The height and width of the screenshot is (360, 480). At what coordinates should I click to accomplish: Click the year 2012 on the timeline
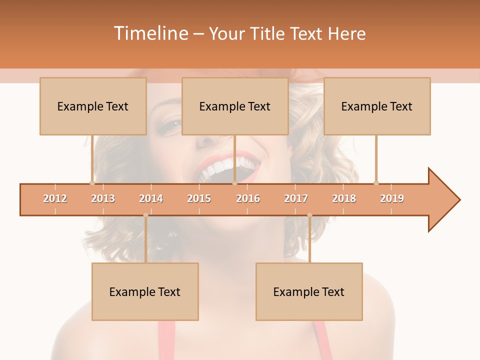tap(55, 198)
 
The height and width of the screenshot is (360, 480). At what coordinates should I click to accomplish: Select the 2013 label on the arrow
tap(103, 198)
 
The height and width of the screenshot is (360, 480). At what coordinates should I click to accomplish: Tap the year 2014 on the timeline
tap(151, 198)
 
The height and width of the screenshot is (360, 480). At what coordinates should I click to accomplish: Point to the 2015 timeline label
tap(199, 198)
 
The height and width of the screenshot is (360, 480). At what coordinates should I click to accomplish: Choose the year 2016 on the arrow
tap(248, 198)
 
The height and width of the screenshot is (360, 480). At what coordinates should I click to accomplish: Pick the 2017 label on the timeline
tap(296, 198)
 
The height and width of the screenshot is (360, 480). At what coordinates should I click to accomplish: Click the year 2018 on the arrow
tap(344, 198)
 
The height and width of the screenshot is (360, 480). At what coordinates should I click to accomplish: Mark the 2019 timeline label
tap(392, 198)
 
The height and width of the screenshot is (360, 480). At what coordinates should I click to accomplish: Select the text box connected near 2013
tap(93, 106)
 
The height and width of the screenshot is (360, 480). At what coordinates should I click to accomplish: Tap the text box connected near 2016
tap(235, 106)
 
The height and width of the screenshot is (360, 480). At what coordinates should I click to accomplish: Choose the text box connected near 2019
tap(377, 106)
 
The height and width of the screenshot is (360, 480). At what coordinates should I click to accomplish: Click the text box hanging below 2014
tap(145, 291)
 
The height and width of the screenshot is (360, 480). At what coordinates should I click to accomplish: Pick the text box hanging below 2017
tap(309, 291)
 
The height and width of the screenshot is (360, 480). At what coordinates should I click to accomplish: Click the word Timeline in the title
tap(150, 33)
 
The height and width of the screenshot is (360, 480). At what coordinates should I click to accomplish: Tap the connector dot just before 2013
tap(92, 183)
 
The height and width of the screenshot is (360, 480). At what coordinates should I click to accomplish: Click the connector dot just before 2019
tap(376, 183)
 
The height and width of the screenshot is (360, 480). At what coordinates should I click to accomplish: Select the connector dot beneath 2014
tap(145, 215)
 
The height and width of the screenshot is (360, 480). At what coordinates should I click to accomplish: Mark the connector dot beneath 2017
tap(309, 215)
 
